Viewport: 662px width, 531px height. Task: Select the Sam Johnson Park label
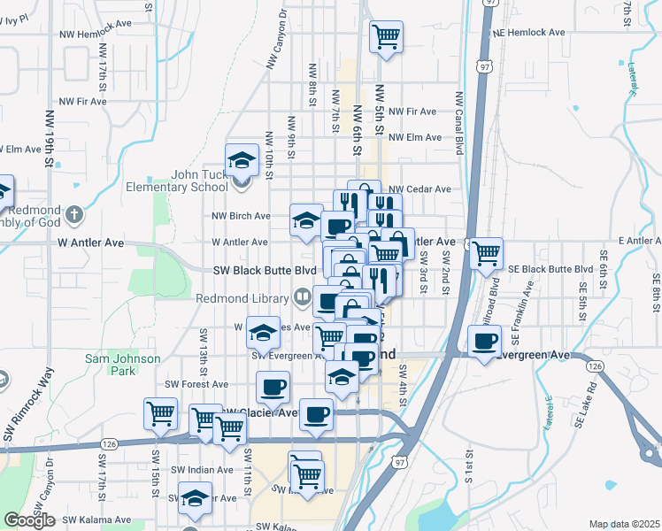(123, 366)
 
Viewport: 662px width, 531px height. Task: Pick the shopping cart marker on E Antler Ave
(486, 253)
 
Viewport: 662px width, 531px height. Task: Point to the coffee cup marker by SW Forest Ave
(273, 387)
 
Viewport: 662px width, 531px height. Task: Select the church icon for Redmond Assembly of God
(75, 214)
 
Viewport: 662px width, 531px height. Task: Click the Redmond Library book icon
(302, 297)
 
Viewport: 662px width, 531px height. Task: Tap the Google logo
(29, 520)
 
